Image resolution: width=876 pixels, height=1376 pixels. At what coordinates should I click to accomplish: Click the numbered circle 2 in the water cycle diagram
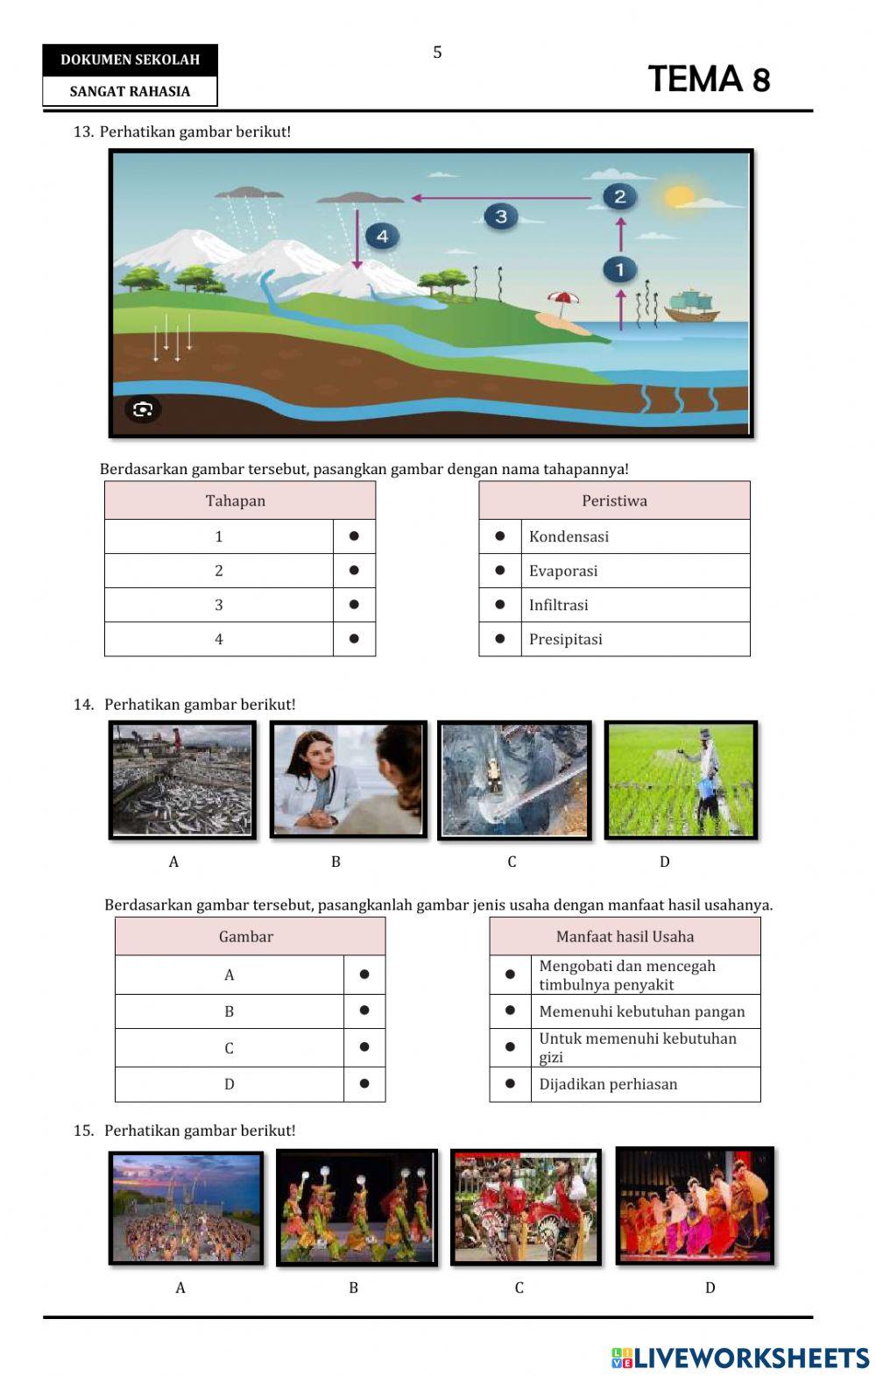point(619,196)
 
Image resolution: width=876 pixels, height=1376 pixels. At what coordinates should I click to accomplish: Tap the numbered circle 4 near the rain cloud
point(382,236)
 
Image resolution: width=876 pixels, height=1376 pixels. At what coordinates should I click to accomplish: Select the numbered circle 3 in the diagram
point(501,216)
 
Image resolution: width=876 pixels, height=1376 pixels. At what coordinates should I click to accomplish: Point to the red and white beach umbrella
point(562,300)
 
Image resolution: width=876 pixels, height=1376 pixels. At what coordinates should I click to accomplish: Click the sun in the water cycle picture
point(678,196)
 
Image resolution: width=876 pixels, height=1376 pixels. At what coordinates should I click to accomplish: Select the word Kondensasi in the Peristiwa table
point(569,536)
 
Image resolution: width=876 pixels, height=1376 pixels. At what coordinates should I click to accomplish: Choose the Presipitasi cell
point(565,639)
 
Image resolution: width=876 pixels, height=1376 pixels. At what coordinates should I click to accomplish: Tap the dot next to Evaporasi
point(500,571)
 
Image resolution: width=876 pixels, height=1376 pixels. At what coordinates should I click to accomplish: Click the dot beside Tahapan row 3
point(354,605)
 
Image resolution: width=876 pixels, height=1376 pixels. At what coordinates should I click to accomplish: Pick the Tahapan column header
point(236,500)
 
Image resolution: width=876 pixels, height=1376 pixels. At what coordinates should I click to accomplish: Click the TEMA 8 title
point(709,79)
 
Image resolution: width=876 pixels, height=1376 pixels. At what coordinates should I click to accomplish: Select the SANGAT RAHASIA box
point(130,91)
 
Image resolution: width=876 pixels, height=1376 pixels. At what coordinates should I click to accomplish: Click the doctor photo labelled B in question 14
point(348,779)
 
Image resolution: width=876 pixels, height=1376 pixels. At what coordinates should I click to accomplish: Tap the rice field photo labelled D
point(681,779)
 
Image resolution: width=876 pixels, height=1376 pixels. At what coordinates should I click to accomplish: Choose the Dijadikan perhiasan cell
point(608,1084)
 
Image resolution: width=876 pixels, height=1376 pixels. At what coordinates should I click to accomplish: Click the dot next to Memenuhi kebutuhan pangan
point(510,1011)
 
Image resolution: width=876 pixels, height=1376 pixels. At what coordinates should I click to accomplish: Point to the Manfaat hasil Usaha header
point(625,937)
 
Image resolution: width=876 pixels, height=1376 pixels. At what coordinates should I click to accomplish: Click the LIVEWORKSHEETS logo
point(739,1358)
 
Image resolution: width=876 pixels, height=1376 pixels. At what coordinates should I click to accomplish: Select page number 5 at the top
point(437,53)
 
